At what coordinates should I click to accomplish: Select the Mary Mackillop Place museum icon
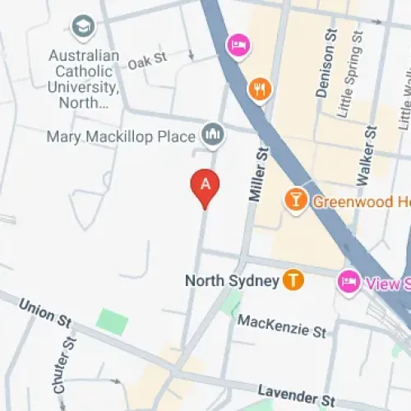(x=214, y=134)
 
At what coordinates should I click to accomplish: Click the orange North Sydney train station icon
(x=293, y=280)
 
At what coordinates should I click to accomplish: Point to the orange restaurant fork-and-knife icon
(x=260, y=89)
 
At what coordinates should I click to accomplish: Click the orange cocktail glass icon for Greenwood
(x=294, y=198)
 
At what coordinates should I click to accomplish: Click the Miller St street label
(x=259, y=173)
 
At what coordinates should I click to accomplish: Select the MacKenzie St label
(x=282, y=326)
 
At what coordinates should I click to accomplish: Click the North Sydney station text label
(x=232, y=281)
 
